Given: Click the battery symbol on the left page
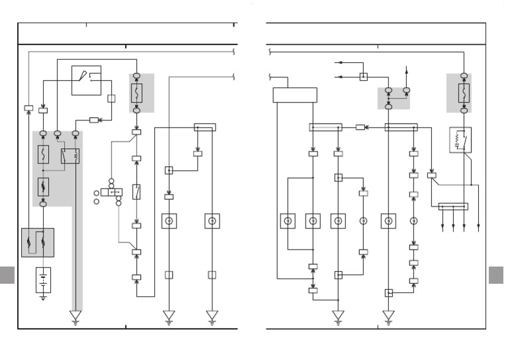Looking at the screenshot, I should coord(43,280).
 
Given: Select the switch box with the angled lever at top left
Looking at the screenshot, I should coord(86,80).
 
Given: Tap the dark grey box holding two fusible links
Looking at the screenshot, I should coord(38,242).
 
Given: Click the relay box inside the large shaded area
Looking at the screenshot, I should coord(70,156).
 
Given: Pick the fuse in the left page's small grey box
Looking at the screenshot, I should coord(137,93).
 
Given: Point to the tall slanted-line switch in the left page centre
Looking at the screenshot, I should coord(136,192).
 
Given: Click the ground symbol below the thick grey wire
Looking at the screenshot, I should coord(75,318).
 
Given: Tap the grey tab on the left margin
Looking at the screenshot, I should coord(7,275).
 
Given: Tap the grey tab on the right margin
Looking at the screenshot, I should coord(496,275).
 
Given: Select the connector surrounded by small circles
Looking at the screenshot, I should coord(111,192).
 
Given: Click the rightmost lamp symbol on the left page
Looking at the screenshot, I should coord(212,221).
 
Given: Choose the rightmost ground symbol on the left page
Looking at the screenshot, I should coord(212,317).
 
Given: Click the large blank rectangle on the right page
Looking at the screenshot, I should coord(295,95).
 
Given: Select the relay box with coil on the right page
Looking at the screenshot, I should coord(460,140).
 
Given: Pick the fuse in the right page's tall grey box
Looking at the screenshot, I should coord(464,93).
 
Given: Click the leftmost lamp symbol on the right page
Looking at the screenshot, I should coord(288,221).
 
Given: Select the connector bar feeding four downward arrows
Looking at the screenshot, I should coord(453,206).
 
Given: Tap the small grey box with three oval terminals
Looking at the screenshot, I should coord(394,98).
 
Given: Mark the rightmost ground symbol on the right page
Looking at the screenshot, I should coord(388,317).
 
